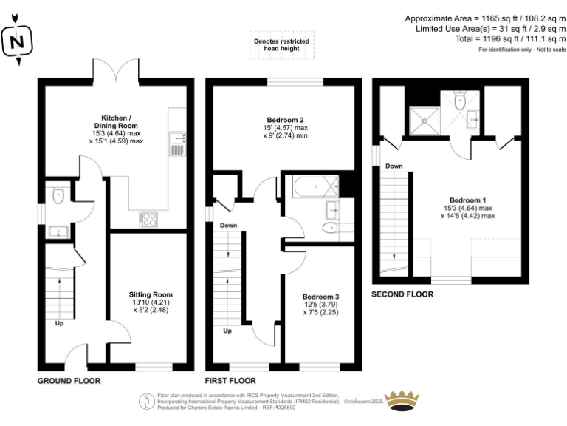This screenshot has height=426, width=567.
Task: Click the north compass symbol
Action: pyautogui.click(x=18, y=41)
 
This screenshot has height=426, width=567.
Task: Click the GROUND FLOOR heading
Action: pyautogui.click(x=69, y=381)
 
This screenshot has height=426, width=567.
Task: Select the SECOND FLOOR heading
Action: pyautogui.click(x=403, y=294)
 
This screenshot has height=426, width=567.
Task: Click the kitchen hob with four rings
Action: pyautogui.click(x=148, y=218)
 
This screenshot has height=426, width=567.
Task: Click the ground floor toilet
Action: pyautogui.click(x=58, y=195)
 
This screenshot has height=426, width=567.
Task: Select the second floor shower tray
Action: pyautogui.click(x=425, y=118)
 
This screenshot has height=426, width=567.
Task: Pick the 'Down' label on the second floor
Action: pyautogui.click(x=394, y=167)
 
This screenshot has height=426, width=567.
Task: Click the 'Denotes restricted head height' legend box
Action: pyautogui.click(x=282, y=46)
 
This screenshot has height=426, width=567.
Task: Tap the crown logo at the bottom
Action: pyautogui.click(x=403, y=400)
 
